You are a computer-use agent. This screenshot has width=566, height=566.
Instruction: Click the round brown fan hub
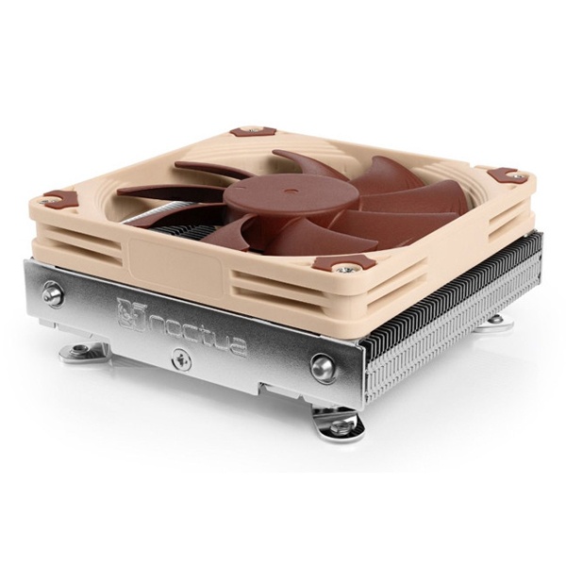(x=291, y=195)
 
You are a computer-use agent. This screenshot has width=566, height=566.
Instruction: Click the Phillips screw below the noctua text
(x=182, y=358)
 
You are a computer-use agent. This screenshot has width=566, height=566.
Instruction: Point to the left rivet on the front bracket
(x=53, y=293)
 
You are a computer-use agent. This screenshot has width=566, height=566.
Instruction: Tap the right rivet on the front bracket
(x=323, y=368)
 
